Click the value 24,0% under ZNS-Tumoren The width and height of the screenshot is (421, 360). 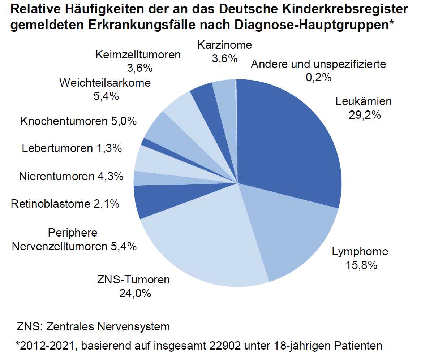point(135,294)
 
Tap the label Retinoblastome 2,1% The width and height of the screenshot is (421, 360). point(65,204)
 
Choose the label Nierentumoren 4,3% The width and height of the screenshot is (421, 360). point(71,177)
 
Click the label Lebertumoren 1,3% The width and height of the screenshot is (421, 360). point(72,148)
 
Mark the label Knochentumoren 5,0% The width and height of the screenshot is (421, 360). point(79,121)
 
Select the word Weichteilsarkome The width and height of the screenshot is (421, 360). point(105,83)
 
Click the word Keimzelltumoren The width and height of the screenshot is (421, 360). point(138,55)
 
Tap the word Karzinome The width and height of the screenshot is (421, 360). point(224,45)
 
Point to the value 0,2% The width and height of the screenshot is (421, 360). point(318,78)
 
